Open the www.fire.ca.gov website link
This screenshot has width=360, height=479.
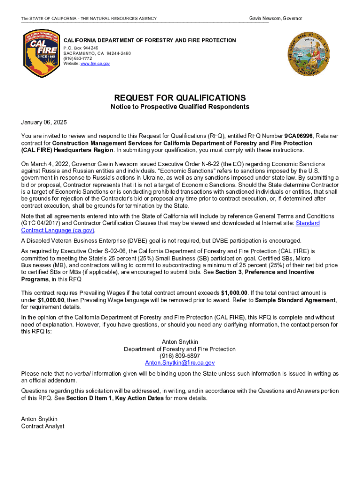95,64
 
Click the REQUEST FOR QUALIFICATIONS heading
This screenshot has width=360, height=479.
180,98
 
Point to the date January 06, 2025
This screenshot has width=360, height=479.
44,123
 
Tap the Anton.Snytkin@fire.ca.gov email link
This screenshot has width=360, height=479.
180,363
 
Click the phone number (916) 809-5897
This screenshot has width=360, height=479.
180,356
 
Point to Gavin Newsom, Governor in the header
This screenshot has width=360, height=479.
275,18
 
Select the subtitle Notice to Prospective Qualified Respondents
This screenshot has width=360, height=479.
180,107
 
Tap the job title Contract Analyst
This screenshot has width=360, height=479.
43,426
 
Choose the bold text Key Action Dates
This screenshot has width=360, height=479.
139,398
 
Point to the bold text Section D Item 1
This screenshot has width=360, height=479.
89,398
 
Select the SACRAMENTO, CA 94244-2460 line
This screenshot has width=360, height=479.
97,53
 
